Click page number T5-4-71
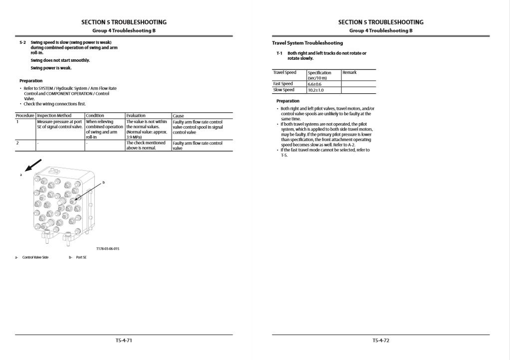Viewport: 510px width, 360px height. coord(124,341)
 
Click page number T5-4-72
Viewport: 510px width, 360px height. coord(380,341)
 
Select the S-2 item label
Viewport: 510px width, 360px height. coord(22,43)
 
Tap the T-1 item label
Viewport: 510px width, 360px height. coord(279,53)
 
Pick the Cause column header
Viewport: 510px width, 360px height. coord(178,116)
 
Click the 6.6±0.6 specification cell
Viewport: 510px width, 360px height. coord(315,84)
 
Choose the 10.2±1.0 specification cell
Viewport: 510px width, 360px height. coord(316,90)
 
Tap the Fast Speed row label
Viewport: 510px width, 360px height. coord(283,84)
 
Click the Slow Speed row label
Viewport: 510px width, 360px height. coord(283,90)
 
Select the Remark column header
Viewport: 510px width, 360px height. coord(349,73)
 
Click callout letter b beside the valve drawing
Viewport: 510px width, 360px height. coord(103,183)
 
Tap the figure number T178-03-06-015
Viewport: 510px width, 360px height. coord(108,248)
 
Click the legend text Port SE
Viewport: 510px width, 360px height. coord(81,257)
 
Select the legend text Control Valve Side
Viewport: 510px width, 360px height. coord(35,257)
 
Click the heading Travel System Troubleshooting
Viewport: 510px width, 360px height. coord(307,43)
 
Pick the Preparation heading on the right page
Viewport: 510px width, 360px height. coord(288,101)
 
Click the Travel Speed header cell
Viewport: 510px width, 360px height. coord(284,73)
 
